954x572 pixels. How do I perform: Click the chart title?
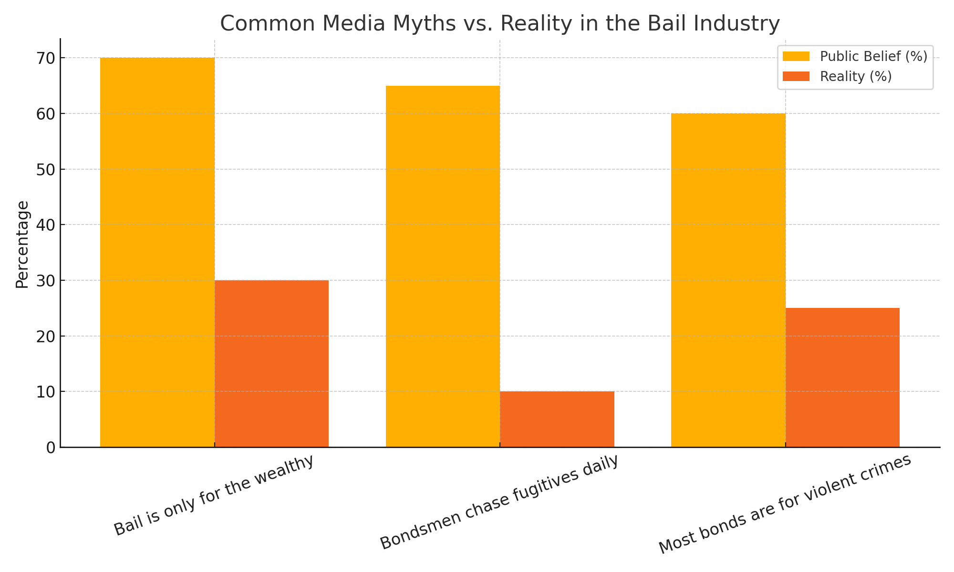pos(499,23)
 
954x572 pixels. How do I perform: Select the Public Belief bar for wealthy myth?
pos(157,253)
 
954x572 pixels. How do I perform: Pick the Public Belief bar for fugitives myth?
pos(443,266)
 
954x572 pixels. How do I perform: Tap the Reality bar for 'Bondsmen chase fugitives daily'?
pos(557,419)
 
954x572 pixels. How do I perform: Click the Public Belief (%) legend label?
pos(873,57)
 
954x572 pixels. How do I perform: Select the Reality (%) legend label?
pos(856,77)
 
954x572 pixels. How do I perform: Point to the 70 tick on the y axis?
pos(46,58)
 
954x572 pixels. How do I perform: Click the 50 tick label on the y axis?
pos(46,169)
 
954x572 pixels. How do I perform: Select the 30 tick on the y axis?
pos(46,280)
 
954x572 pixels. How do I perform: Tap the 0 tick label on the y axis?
pos(51,448)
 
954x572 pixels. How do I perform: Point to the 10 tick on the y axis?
pos(46,392)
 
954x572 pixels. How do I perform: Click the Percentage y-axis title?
pos(22,245)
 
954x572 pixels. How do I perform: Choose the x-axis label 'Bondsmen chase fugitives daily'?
pos(499,502)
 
